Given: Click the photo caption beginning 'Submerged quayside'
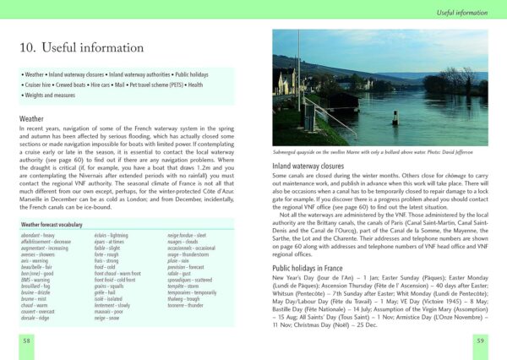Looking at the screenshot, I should pyautogui.click(x=379, y=151).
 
